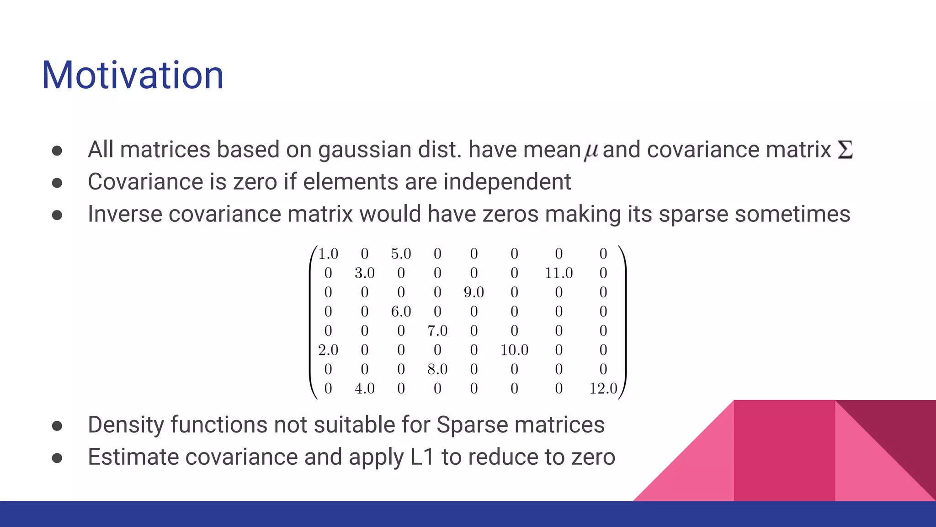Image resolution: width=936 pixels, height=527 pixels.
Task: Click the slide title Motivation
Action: (133, 75)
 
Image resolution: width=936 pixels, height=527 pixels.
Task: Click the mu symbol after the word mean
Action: (591, 151)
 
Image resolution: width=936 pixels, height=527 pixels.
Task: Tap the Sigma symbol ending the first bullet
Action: (845, 150)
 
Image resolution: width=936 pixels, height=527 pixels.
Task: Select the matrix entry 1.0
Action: (328, 254)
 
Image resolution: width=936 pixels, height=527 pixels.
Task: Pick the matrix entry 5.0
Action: (401, 254)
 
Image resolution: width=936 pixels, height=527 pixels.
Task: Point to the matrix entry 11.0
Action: (558, 273)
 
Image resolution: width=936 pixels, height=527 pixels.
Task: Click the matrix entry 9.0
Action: (473, 292)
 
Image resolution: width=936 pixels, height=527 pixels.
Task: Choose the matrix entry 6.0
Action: (401, 312)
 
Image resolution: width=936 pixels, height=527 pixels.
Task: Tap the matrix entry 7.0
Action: (437, 331)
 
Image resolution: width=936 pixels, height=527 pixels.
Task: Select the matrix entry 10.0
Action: (514, 350)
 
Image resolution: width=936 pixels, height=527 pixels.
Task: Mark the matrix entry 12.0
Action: (603, 389)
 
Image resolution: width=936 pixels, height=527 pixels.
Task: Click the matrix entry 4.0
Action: (364, 389)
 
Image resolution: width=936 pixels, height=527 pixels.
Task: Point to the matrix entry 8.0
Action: (437, 369)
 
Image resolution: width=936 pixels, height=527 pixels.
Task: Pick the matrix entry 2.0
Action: (328, 350)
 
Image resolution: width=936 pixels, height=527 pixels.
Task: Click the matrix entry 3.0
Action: (364, 273)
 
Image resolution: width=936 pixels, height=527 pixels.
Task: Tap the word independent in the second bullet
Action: (507, 182)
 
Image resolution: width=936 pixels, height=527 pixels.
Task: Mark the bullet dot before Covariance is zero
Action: (57, 183)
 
